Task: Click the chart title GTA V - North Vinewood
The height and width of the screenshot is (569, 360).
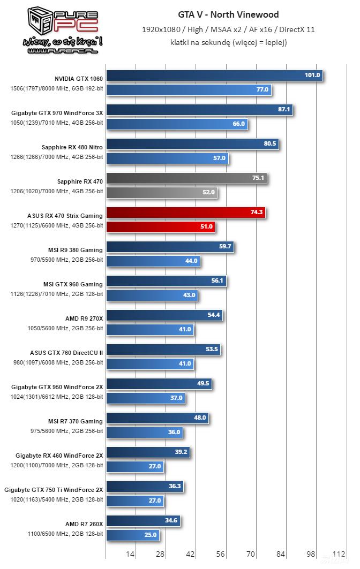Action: click(229, 14)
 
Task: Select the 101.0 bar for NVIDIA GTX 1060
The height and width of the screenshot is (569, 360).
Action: click(214, 75)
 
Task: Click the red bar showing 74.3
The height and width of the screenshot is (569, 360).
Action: click(185, 213)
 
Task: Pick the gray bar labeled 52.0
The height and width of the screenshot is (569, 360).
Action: click(161, 192)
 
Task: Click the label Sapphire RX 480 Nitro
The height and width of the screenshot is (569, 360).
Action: click(72, 147)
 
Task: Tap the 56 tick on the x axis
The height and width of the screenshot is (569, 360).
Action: click(220, 555)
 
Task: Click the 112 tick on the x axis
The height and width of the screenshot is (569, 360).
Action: click(339, 555)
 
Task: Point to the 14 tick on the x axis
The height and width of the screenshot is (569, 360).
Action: click(130, 555)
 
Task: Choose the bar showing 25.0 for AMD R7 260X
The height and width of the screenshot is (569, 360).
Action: click(132, 535)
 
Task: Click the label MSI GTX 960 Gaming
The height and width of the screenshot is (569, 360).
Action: click(73, 284)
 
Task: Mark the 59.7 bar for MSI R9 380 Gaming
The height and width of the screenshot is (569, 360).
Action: click(170, 247)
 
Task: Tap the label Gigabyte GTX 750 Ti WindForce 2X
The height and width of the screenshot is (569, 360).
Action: click(54, 489)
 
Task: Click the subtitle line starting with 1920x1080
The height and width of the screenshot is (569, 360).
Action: click(228, 30)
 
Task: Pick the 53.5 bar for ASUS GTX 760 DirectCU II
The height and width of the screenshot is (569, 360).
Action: click(163, 350)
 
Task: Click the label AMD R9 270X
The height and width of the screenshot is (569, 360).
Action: click(84, 318)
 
